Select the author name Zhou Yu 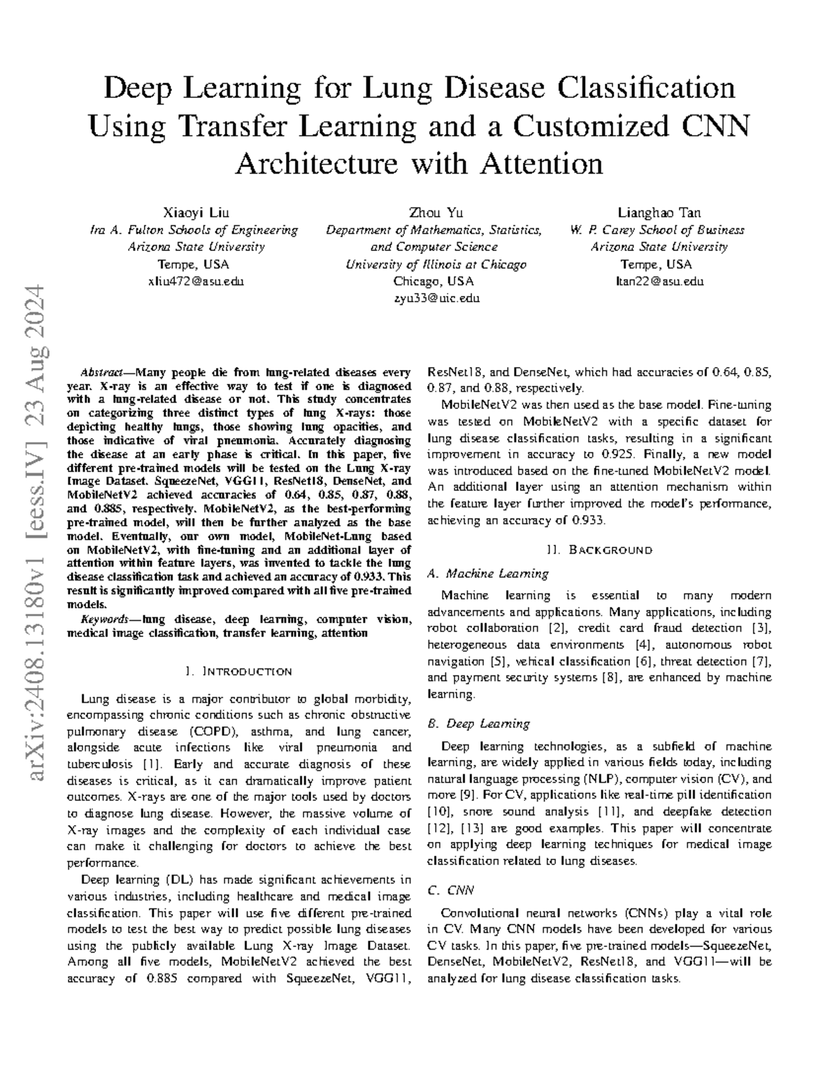pos(436,213)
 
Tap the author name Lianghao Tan pos(659,213)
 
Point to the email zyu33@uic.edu pos(436,299)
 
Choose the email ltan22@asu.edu pos(659,282)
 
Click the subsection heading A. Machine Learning pos(487,573)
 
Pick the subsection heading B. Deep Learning pos(478,724)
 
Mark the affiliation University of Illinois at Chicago pos(436,264)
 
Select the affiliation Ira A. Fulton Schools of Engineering pos(194,230)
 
